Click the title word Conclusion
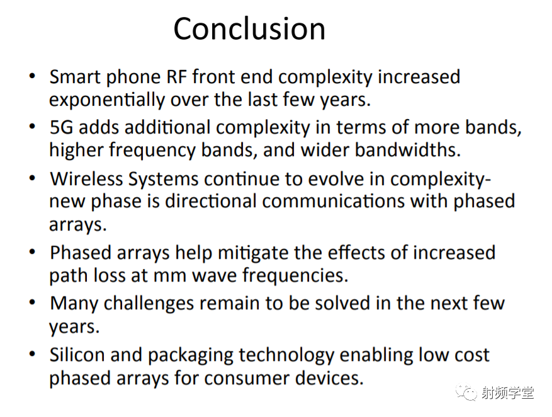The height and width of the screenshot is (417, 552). coord(249,29)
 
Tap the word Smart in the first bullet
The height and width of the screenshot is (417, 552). coord(75,77)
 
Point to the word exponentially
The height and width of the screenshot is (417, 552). coord(107,100)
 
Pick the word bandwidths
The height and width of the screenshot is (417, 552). coord(407,150)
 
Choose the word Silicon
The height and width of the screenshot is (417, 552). coord(77,355)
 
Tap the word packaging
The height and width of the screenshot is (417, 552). coord(190,356)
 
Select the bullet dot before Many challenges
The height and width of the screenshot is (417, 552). coord(32,302)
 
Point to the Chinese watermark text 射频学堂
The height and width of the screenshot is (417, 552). coord(507,392)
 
